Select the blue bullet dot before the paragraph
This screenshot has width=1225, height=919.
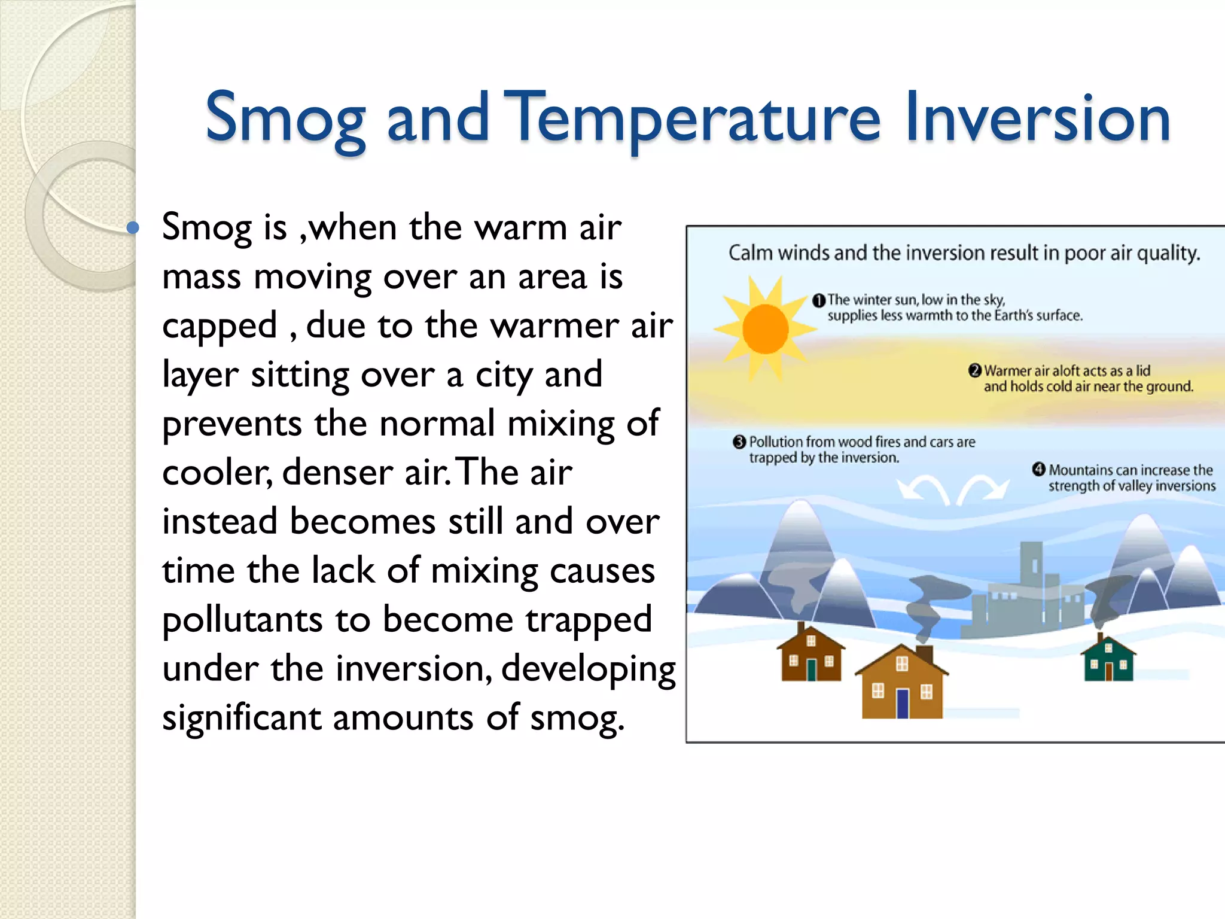pyautogui.click(x=133, y=228)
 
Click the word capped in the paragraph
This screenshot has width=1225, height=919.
pyautogui.click(x=220, y=327)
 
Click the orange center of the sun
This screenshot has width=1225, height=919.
pyautogui.click(x=765, y=329)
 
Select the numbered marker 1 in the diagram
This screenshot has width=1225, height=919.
pyautogui.click(x=819, y=300)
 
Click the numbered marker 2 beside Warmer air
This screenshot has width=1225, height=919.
pyautogui.click(x=975, y=371)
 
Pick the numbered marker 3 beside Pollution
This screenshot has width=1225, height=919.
pyautogui.click(x=739, y=442)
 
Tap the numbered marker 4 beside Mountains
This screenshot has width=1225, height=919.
pyautogui.click(x=1039, y=470)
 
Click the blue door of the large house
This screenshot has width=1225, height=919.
pyautogui.click(x=902, y=704)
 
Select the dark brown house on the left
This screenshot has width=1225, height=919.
pyautogui.click(x=810, y=655)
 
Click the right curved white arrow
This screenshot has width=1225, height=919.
pyautogui.click(x=983, y=488)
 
